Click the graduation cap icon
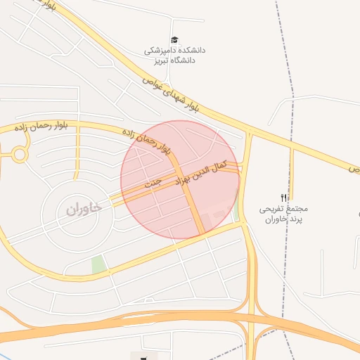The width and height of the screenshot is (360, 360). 174,40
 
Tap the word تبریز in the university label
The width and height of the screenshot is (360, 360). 157,60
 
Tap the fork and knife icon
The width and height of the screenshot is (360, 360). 284,198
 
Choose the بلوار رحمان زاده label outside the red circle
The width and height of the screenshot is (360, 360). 42,127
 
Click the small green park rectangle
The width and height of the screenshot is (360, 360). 98,265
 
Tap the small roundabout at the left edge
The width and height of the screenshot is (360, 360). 19,154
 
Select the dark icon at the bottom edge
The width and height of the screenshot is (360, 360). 144,356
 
